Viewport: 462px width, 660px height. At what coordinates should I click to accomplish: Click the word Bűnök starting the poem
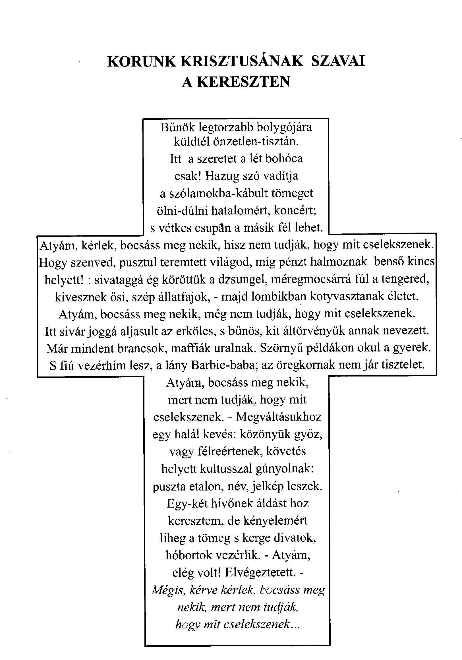[174, 127]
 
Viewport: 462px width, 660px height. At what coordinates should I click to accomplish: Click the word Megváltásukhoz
[279, 417]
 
